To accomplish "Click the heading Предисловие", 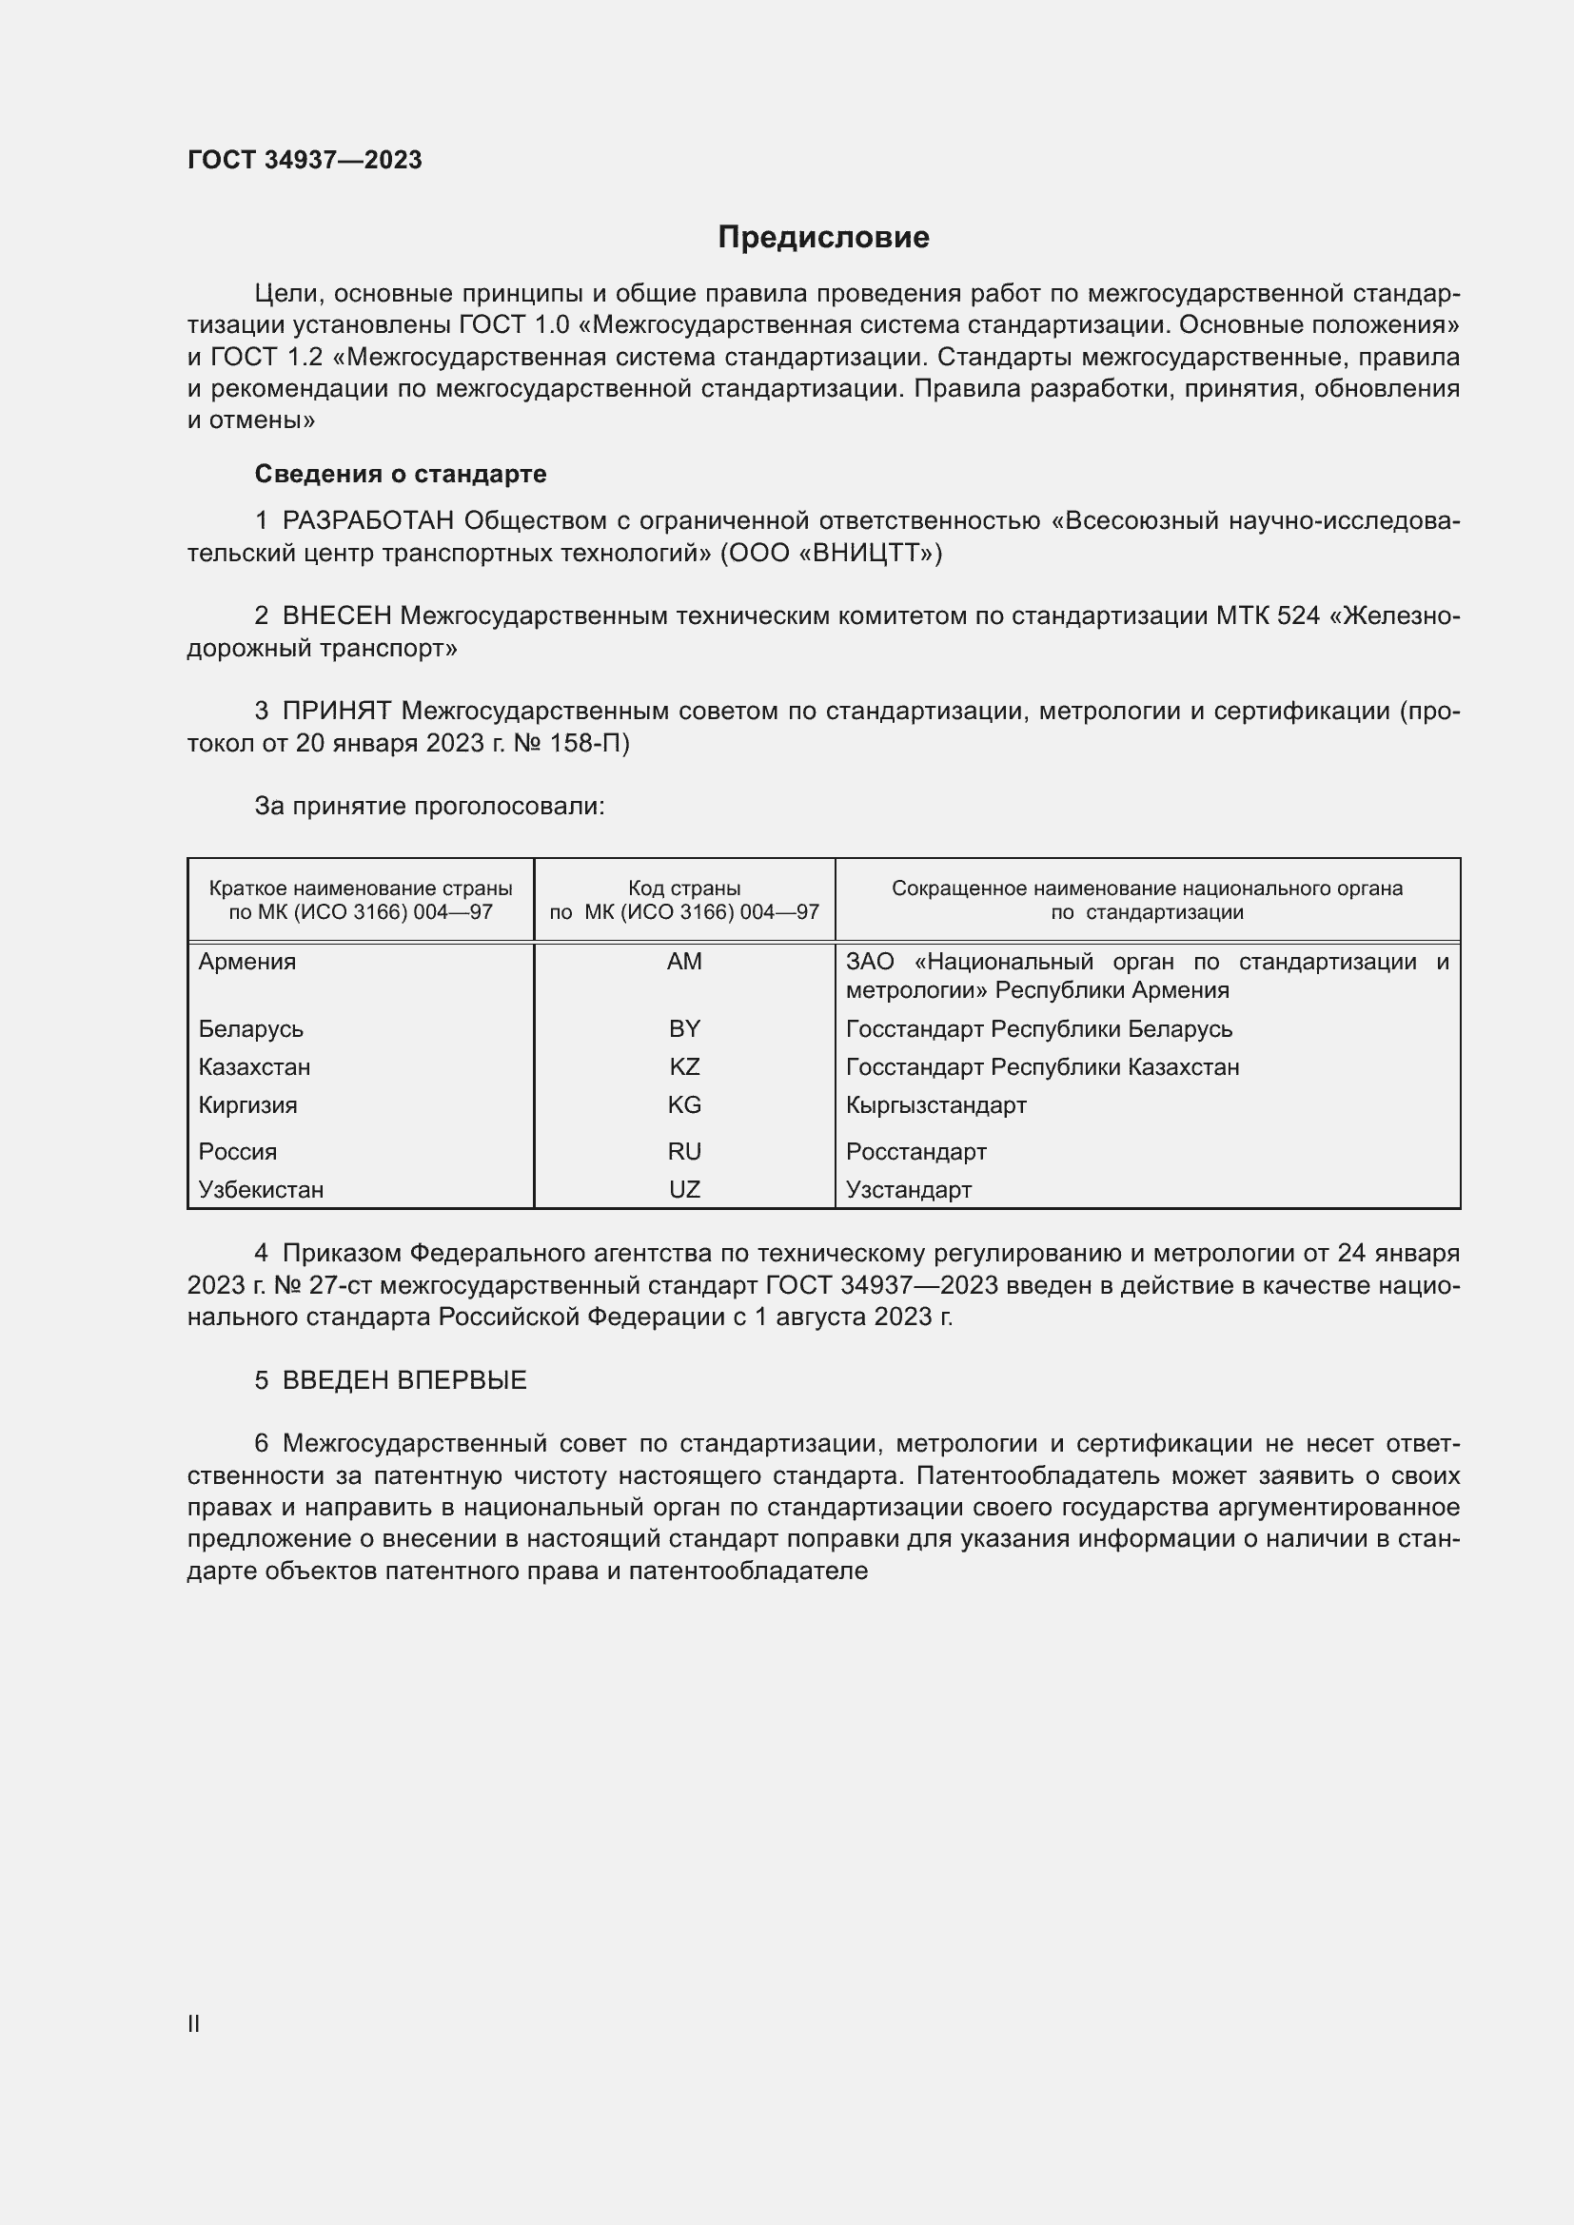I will (x=823, y=238).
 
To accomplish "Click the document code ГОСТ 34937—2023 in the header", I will (x=305, y=160).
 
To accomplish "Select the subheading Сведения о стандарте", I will (x=401, y=474).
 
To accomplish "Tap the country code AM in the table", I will (x=684, y=962).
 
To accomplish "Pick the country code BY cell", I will (x=684, y=1028).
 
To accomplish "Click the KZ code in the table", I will (x=684, y=1067).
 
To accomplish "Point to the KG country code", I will (x=684, y=1104).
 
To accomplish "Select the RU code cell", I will (x=684, y=1151).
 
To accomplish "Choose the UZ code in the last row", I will (x=684, y=1189).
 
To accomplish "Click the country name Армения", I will (x=247, y=962).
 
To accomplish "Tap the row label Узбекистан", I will (x=261, y=1189).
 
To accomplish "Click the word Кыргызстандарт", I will (x=935, y=1104).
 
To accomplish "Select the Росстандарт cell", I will (x=915, y=1151).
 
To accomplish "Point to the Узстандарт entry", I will (x=908, y=1189).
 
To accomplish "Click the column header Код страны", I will (x=684, y=888).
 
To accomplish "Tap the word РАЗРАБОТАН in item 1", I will (x=367, y=521).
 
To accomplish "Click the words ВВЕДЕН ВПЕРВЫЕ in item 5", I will (x=404, y=1380).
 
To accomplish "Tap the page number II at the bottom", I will (x=194, y=2023).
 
